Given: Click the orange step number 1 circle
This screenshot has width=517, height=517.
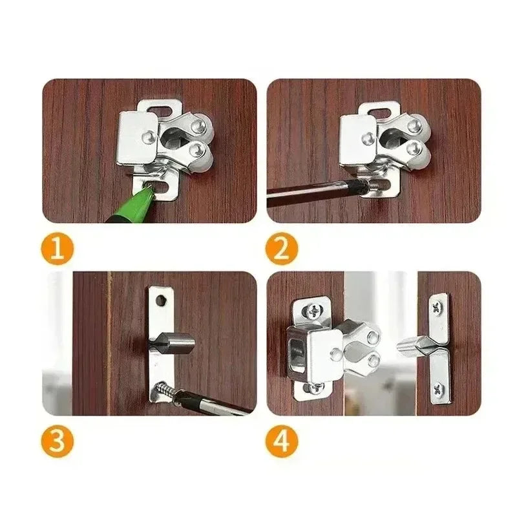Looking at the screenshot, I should pos(58,249).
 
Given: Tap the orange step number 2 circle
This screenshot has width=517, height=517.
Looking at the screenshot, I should pos(281,249).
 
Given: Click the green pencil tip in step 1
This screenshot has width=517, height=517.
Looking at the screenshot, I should pos(147,191).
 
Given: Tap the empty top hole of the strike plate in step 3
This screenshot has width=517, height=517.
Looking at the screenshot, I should pos(162,301).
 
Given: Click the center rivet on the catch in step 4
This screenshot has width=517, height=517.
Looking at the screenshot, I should pos(336,353).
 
